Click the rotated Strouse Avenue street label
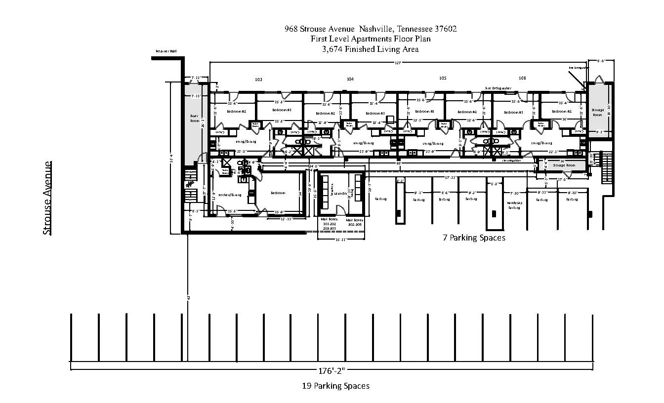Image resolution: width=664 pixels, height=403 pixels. [x=47, y=198]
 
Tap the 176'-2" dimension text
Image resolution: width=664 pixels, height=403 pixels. [x=332, y=370]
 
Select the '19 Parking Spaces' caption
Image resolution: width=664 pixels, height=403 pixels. [x=335, y=386]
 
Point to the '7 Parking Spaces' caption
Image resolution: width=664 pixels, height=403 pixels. [x=474, y=238]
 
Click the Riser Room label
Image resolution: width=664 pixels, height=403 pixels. [x=194, y=119]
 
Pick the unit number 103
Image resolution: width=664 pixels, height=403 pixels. [x=258, y=79]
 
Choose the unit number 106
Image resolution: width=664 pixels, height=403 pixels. [x=522, y=78]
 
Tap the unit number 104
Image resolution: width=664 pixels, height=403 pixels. [x=350, y=79]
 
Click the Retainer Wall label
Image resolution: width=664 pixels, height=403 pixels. [x=166, y=51]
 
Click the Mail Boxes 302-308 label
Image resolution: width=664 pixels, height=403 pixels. [x=355, y=222]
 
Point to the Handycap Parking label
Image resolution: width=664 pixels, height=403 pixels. [x=514, y=205]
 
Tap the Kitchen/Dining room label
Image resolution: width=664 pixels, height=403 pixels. [x=230, y=195]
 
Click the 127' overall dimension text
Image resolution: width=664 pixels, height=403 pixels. [x=397, y=63]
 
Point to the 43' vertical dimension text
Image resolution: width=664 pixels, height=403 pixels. [x=188, y=297]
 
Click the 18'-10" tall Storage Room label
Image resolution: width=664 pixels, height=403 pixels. [x=597, y=112]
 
